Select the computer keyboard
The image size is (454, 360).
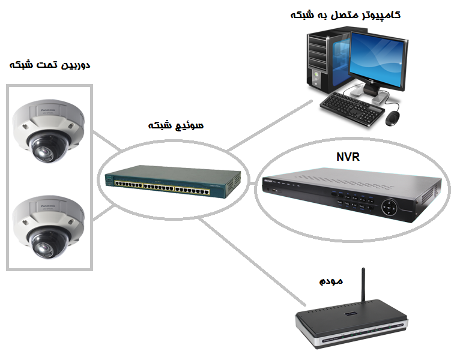coord(351,108)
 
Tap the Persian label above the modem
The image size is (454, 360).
coord(331,280)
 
